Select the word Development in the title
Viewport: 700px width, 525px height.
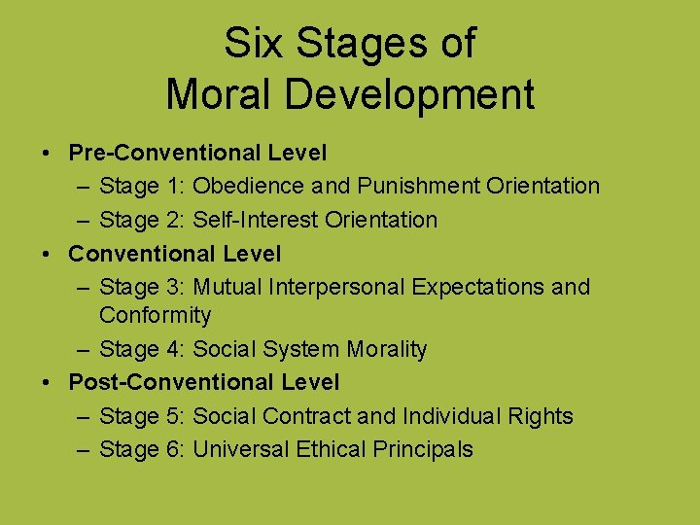(x=411, y=94)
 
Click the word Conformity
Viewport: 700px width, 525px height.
(x=155, y=315)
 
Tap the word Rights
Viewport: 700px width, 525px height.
(x=541, y=416)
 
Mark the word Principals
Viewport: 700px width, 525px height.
(x=422, y=449)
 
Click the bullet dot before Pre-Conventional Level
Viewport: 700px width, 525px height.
(x=47, y=154)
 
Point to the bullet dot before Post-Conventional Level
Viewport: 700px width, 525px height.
(x=47, y=383)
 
